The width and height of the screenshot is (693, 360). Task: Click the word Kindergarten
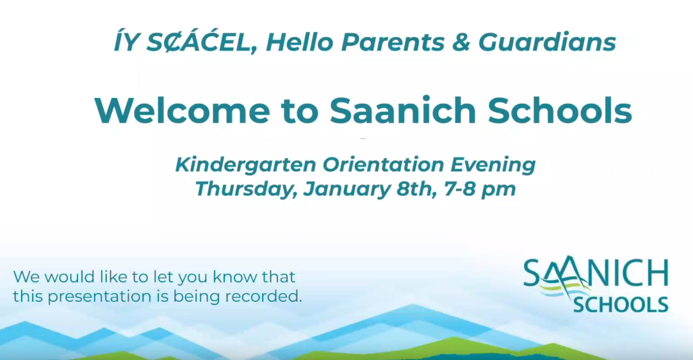tap(245, 165)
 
